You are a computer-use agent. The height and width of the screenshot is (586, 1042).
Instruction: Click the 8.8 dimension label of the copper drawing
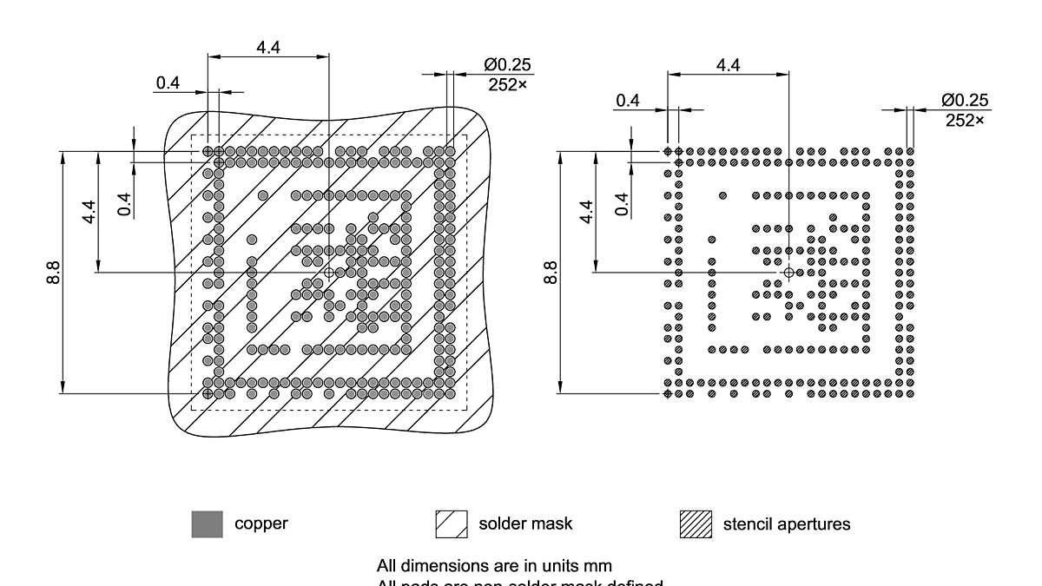coord(54,272)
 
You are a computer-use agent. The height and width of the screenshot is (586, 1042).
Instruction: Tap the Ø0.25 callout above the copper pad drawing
coord(508,65)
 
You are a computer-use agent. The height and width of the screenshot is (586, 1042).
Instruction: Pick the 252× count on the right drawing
coord(965,121)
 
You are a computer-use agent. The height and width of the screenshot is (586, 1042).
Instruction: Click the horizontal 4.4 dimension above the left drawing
coord(267,48)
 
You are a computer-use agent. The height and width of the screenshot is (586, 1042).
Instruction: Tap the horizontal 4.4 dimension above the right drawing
coord(728,65)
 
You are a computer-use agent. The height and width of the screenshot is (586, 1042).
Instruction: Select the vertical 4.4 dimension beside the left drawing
coord(90,212)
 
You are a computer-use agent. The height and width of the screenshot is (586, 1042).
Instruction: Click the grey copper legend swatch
coord(207,524)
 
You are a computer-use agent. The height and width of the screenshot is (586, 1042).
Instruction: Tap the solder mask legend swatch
coord(452,524)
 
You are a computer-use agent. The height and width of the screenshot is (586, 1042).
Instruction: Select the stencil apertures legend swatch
coord(696,524)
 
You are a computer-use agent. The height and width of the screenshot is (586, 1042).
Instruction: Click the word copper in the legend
coord(261,523)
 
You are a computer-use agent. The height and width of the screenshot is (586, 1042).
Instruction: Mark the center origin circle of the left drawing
coord(329,273)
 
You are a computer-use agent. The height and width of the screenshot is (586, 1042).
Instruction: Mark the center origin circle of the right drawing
coord(788,273)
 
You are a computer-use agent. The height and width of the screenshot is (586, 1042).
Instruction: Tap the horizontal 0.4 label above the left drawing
coord(168,83)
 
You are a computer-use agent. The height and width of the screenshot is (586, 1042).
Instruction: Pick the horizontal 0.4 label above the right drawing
coord(628,101)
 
